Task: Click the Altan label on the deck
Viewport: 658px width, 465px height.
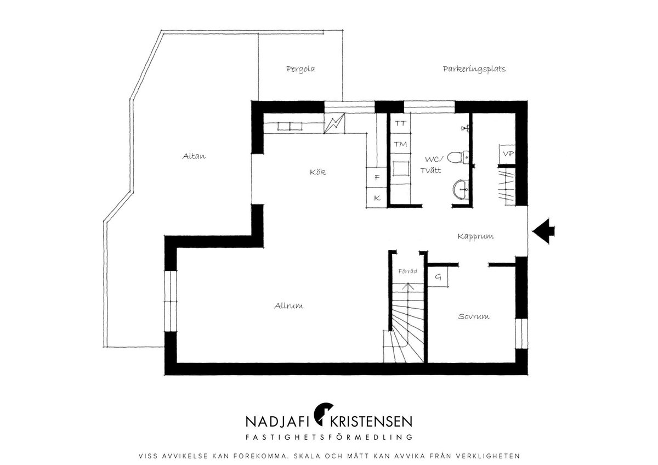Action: pyautogui.click(x=194, y=156)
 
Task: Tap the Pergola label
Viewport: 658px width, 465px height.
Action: pyautogui.click(x=300, y=69)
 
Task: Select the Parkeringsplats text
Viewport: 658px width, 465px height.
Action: pyautogui.click(x=474, y=69)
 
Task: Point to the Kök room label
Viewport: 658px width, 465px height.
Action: pyautogui.click(x=318, y=172)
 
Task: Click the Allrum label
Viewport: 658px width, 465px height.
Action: pyautogui.click(x=288, y=306)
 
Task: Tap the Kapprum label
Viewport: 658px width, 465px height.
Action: pyautogui.click(x=475, y=236)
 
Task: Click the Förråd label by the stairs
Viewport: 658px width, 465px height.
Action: pyautogui.click(x=408, y=271)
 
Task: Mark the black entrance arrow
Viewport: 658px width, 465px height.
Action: pyautogui.click(x=543, y=231)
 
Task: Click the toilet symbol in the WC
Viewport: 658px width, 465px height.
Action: pyautogui.click(x=458, y=158)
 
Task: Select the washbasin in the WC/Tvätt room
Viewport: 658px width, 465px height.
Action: pyautogui.click(x=460, y=190)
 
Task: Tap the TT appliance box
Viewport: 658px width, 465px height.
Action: pyautogui.click(x=400, y=123)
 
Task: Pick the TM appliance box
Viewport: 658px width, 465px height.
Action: pyautogui.click(x=400, y=144)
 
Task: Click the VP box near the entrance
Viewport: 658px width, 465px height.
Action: pyautogui.click(x=507, y=154)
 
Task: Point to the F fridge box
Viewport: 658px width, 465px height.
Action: pyautogui.click(x=377, y=178)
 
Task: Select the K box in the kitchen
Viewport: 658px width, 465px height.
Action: pyautogui.click(x=377, y=198)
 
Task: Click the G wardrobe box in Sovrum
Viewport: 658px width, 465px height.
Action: pyautogui.click(x=438, y=277)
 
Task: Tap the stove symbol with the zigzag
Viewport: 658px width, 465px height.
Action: pyautogui.click(x=334, y=123)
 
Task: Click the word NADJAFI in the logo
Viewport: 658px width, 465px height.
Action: pyautogui.click(x=276, y=422)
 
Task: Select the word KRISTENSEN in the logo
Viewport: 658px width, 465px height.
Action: pyautogui.click(x=371, y=422)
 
